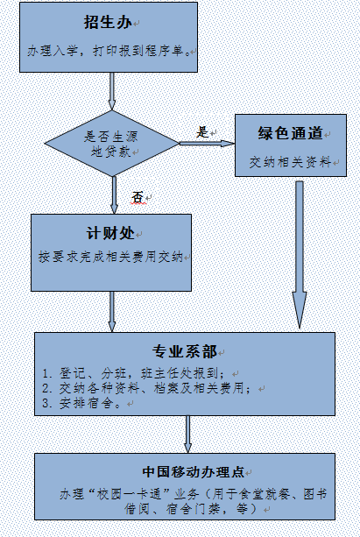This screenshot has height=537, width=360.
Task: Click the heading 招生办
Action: point(108,23)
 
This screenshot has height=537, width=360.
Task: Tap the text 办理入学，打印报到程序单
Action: point(109,51)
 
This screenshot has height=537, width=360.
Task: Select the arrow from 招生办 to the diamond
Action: point(111,91)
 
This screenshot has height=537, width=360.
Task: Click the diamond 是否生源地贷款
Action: point(112,143)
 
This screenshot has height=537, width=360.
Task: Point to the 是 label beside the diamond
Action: point(202,132)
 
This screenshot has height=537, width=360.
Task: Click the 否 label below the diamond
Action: point(138,197)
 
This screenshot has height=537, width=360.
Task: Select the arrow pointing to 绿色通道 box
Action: point(208,144)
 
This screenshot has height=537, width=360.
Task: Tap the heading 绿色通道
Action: point(291,133)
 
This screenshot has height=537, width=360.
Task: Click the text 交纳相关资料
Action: point(290,162)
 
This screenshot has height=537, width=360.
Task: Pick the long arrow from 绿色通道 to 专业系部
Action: point(300,255)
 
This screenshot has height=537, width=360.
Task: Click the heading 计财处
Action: point(110,234)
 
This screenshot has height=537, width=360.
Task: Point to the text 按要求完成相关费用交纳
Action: point(110,257)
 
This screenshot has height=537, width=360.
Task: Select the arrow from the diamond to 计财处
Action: point(114,195)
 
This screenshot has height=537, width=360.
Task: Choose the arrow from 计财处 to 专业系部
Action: point(112,312)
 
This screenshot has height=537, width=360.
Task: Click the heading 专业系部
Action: point(185,351)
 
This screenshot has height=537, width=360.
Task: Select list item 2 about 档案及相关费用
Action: point(147,388)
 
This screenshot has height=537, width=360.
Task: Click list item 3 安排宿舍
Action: point(81,403)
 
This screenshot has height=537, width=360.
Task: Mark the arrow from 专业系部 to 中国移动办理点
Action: point(187,435)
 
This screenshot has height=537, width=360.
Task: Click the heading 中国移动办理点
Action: point(194,471)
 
